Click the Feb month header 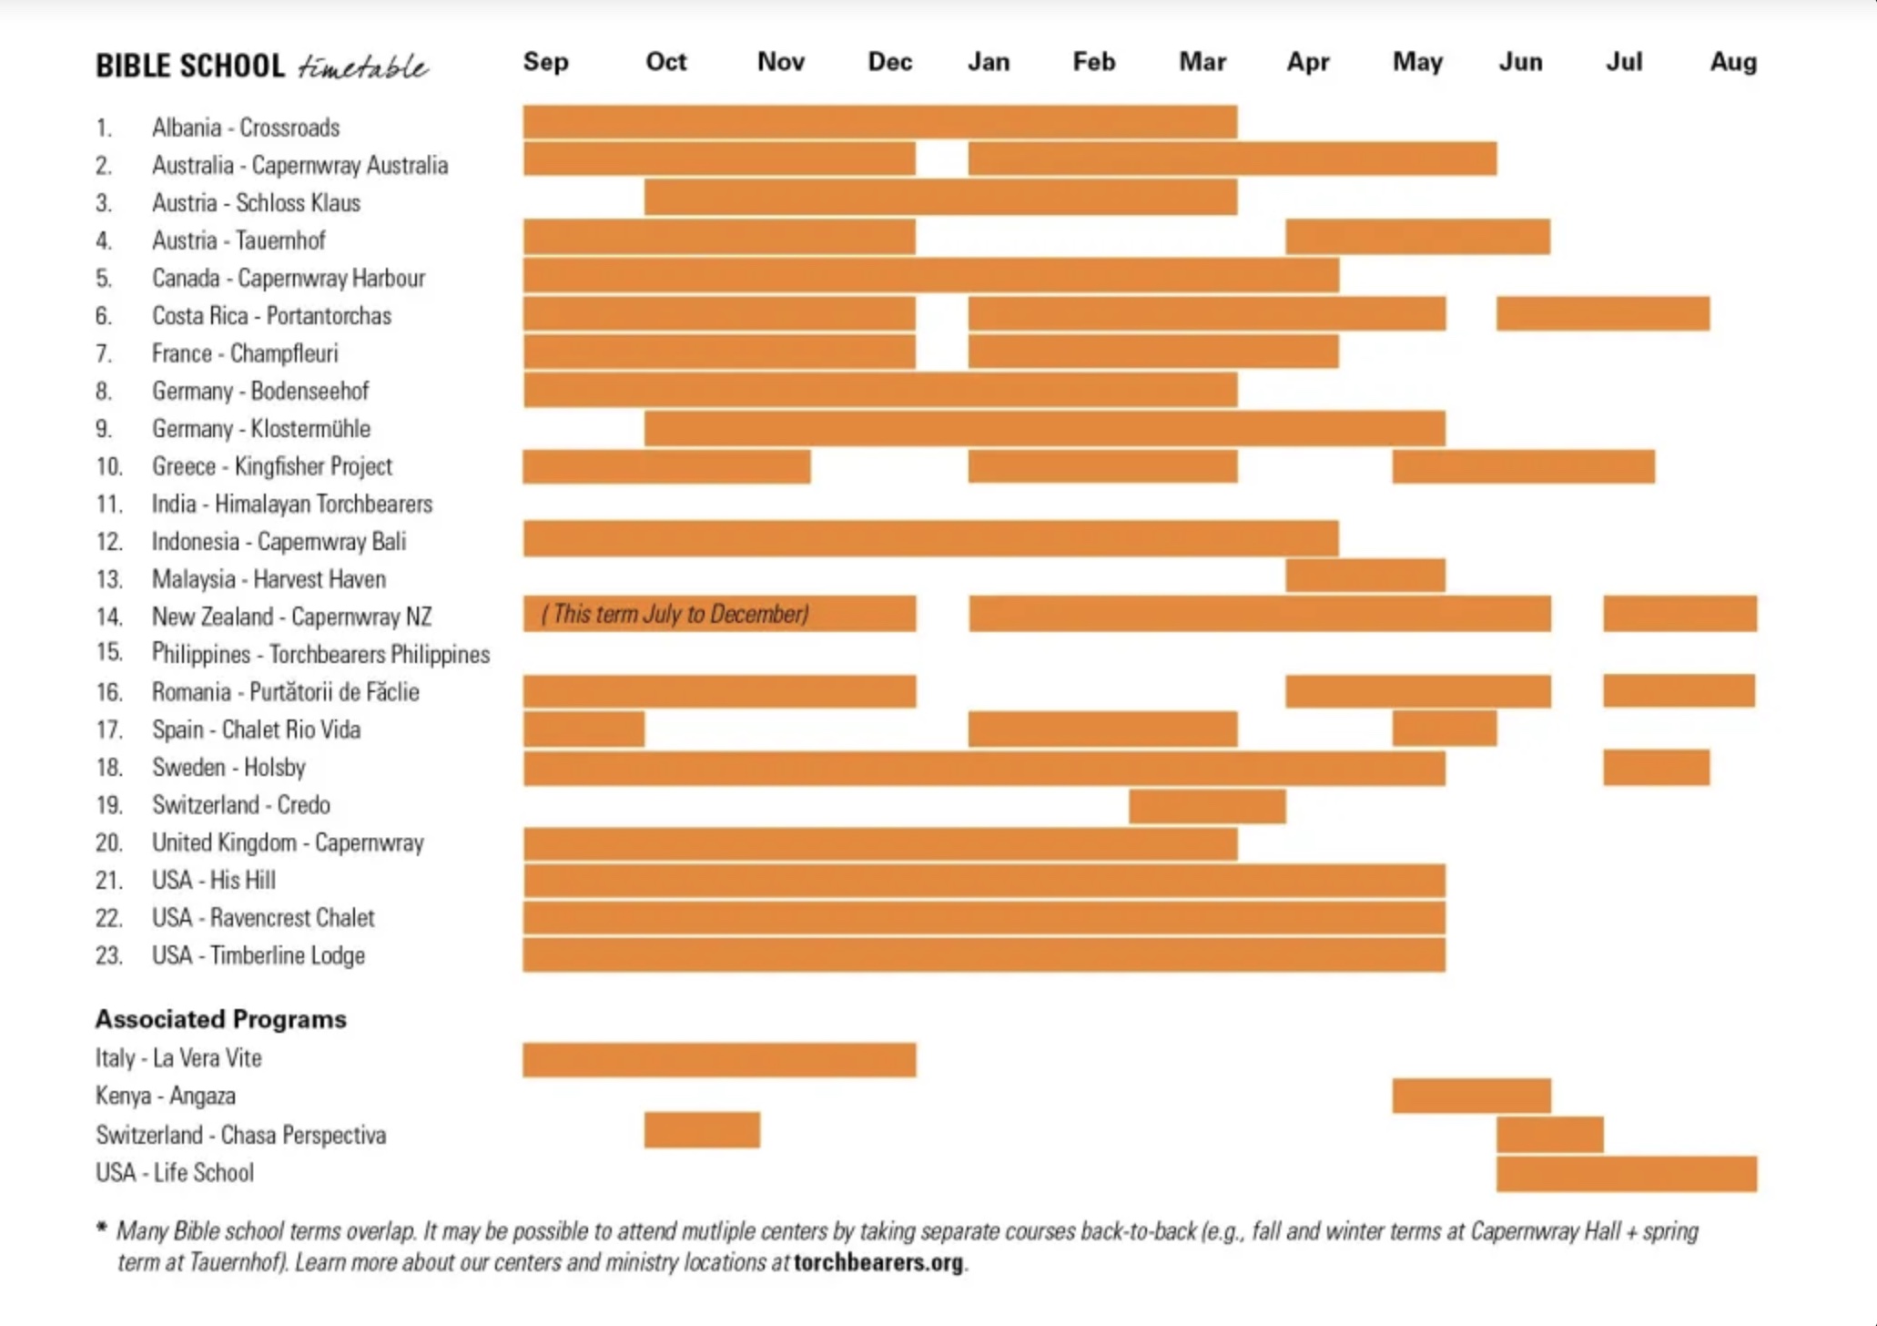(x=1093, y=62)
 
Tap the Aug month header (x=1732, y=62)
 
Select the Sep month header (x=545, y=62)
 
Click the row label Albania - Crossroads (x=245, y=127)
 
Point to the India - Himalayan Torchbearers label (x=291, y=504)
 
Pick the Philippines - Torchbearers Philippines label (x=320, y=654)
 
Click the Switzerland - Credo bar (x=1207, y=806)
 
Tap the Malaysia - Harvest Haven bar (x=1365, y=576)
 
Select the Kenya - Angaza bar (x=1471, y=1096)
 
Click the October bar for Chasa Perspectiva (x=702, y=1130)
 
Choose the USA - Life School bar (x=1626, y=1173)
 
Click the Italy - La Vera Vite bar (x=719, y=1059)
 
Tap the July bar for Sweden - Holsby (x=1656, y=767)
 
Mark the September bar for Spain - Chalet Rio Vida (x=583, y=729)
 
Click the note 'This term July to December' (x=675, y=614)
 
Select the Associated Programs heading (x=221, y=1019)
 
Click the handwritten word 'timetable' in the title (x=362, y=66)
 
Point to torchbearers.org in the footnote (x=878, y=1263)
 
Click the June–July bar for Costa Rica (x=1602, y=314)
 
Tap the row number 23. (x=108, y=955)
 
